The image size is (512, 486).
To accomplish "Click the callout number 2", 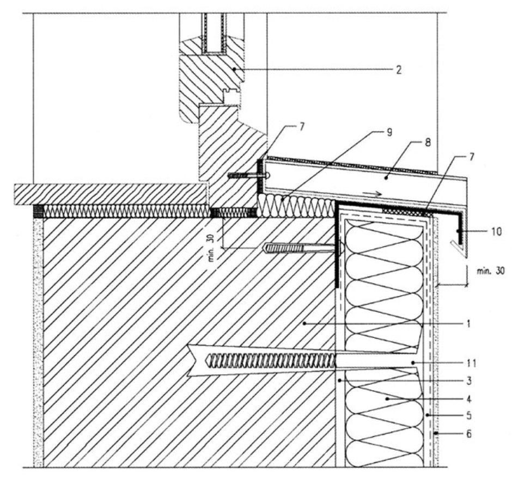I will point(399,70).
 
